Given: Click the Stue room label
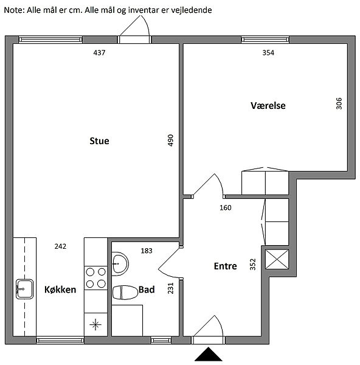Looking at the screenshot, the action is pyautogui.click(x=99, y=141).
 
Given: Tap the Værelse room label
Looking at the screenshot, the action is pyautogui.click(x=268, y=106).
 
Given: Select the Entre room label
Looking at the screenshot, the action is pyautogui.click(x=225, y=266).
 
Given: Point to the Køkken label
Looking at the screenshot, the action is pyautogui.click(x=60, y=290).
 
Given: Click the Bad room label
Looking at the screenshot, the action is pyautogui.click(x=147, y=290).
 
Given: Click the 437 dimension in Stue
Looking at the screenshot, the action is pyautogui.click(x=99, y=52).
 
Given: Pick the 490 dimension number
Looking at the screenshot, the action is pyautogui.click(x=171, y=140).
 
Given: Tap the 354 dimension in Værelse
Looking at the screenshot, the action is pyautogui.click(x=268, y=52).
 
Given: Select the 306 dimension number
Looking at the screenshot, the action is pyautogui.click(x=339, y=103).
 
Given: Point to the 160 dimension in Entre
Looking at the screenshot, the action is pyautogui.click(x=226, y=207).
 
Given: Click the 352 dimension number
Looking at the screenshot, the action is pyautogui.click(x=253, y=265).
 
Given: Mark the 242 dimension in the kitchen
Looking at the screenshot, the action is pyautogui.click(x=60, y=246).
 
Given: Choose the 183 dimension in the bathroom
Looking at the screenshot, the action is pyautogui.click(x=147, y=251).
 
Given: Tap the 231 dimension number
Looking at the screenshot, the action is pyautogui.click(x=171, y=288).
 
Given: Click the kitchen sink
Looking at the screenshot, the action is pyautogui.click(x=24, y=289).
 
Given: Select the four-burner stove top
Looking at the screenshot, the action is pyautogui.click(x=95, y=278).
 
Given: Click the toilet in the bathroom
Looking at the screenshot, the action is pyautogui.click(x=125, y=293).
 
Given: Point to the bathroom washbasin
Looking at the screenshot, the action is pyautogui.click(x=120, y=264).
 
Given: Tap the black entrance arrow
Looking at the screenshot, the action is pyautogui.click(x=208, y=354).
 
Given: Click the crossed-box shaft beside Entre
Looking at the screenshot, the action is pyautogui.click(x=277, y=259).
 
